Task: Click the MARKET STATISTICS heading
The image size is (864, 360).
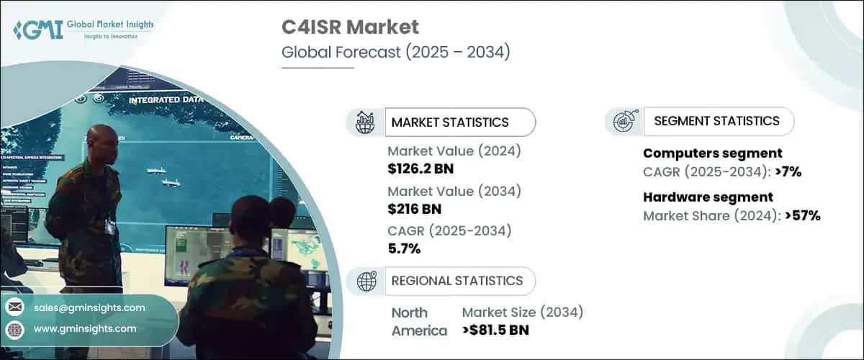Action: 449,122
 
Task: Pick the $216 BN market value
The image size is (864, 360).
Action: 415,209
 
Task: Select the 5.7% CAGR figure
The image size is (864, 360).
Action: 404,249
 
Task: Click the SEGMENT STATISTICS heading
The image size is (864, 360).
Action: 716,121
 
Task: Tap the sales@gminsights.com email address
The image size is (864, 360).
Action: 89,308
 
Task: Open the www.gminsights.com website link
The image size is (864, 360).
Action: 85,329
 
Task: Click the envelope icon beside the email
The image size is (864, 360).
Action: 14,308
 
